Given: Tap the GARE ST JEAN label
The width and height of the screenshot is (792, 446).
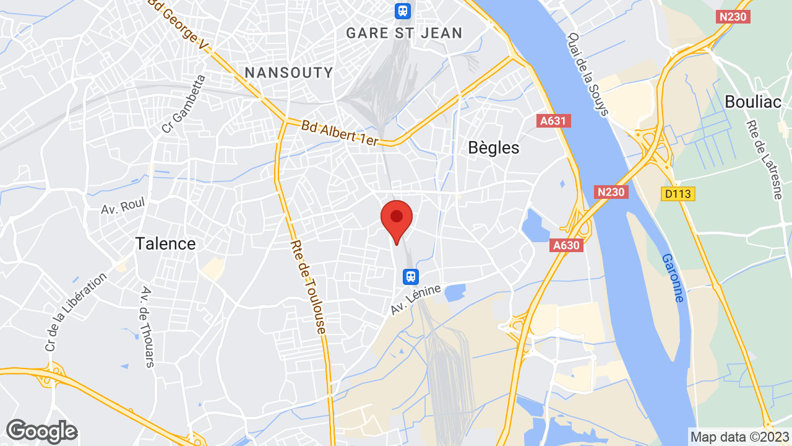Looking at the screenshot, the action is [404, 33].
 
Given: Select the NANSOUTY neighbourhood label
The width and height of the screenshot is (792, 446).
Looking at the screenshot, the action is [289, 72].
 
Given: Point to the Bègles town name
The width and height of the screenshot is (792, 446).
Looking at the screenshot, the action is [494, 148].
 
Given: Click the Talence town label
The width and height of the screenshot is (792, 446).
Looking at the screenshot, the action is [165, 243].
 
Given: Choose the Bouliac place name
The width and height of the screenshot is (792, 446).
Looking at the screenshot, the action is [753, 102].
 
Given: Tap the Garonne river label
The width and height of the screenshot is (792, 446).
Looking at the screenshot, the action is [673, 278].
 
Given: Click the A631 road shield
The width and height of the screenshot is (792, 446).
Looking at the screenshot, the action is [553, 121].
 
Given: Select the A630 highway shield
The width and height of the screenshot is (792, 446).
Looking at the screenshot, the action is [566, 245].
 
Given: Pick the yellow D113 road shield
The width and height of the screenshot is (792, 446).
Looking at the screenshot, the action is [678, 195].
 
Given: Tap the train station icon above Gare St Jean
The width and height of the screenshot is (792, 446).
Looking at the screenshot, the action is [403, 10].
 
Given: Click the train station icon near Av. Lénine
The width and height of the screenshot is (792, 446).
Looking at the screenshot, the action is [410, 276].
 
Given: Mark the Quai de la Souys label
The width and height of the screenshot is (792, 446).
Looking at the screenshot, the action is [588, 74].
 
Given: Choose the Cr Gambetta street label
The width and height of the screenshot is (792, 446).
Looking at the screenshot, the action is [183, 104].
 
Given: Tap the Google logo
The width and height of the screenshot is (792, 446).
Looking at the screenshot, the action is [41, 431].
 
